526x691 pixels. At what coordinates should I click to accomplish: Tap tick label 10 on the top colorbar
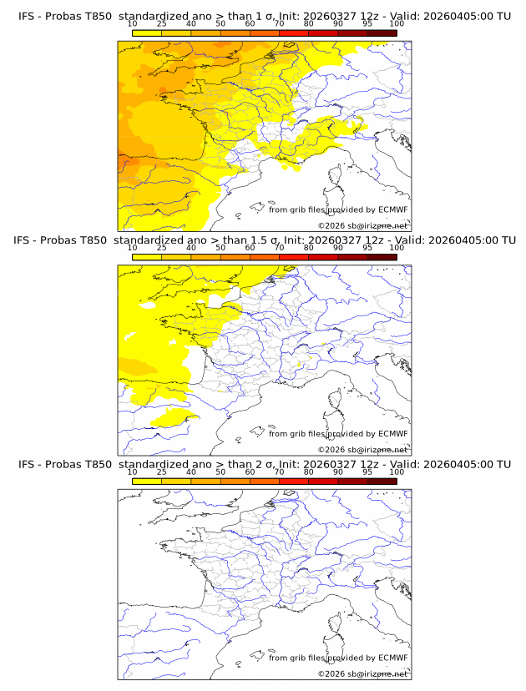pyautogui.click(x=132, y=23)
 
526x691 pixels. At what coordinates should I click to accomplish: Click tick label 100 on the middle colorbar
pyautogui.click(x=397, y=248)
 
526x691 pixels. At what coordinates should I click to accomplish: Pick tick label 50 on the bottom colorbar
pyautogui.click(x=220, y=472)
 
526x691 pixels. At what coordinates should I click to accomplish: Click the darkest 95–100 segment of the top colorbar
pyautogui.click(x=382, y=33)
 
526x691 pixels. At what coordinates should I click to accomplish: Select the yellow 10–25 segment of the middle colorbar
pyautogui.click(x=146, y=257)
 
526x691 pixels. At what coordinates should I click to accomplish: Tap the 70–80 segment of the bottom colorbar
pyautogui.click(x=294, y=482)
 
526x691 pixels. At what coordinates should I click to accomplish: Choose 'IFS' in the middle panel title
pyautogui.click(x=28, y=240)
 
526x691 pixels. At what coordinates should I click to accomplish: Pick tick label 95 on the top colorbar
pyautogui.click(x=367, y=23)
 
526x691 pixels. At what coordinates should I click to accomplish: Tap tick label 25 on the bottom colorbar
pyautogui.click(x=161, y=472)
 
